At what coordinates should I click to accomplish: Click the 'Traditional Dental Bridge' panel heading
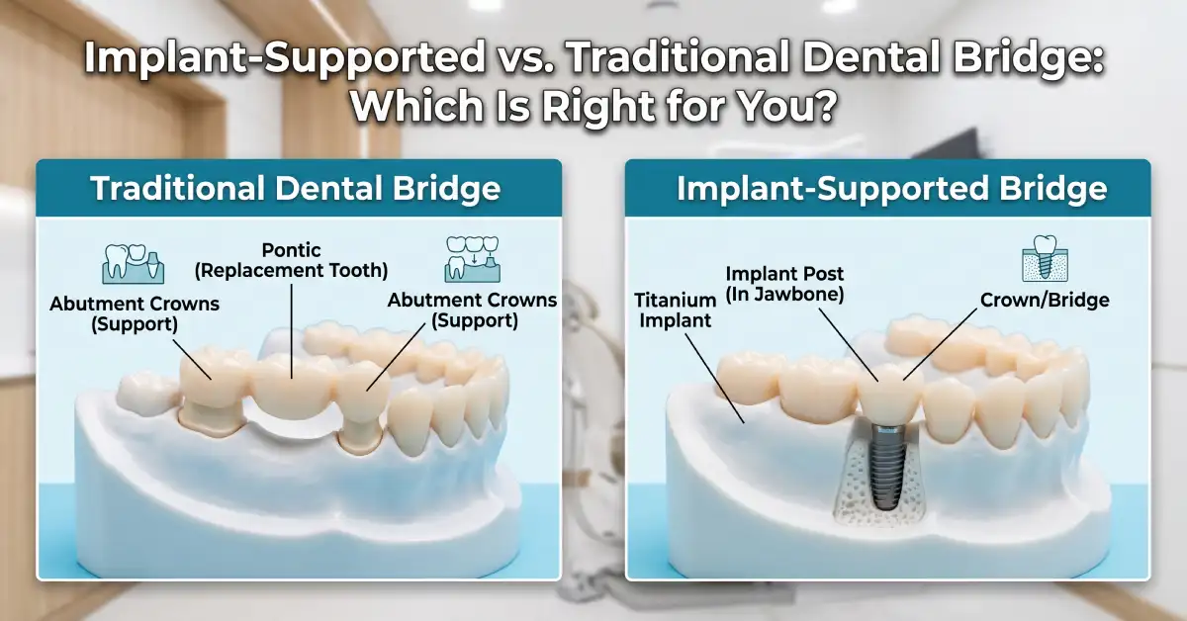tap(295, 188)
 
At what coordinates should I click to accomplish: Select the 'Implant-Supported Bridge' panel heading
tap(892, 188)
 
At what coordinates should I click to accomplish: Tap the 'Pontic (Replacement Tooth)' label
tap(292, 260)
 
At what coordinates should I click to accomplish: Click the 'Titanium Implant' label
tap(675, 310)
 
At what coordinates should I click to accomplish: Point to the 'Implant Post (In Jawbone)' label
tap(784, 284)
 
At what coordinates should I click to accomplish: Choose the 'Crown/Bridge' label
tap(1045, 300)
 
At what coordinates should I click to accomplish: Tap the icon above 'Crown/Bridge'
tap(1045, 258)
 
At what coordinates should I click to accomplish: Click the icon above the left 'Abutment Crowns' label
tap(133, 264)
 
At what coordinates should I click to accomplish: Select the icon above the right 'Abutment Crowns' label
tap(473, 259)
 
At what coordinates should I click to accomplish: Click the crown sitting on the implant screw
tap(889, 394)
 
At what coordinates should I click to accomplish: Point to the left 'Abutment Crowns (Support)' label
tap(135, 313)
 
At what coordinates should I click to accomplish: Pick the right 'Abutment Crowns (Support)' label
tap(472, 310)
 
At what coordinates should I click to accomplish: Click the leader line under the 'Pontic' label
tap(292, 331)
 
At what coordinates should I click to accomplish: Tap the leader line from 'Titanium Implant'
tap(715, 379)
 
